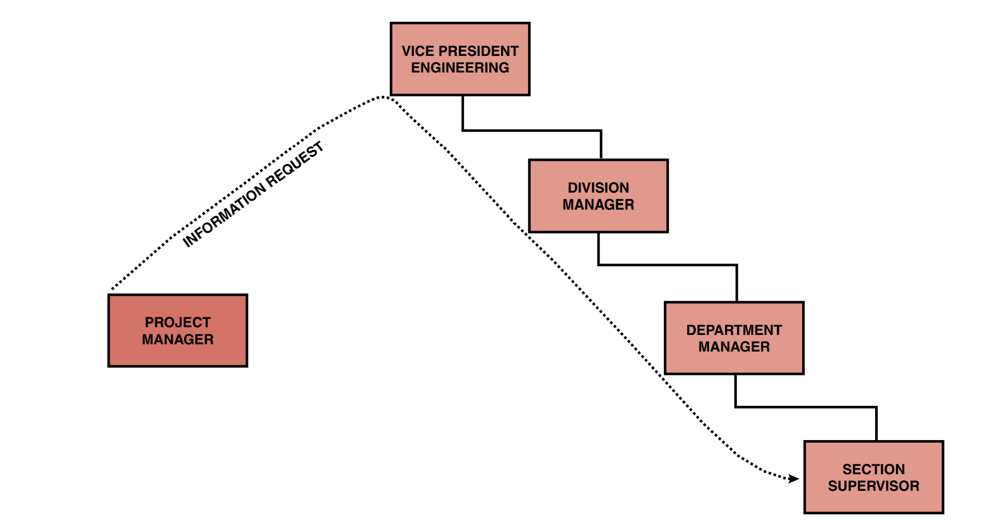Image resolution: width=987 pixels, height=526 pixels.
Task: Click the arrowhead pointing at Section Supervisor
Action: point(794,479)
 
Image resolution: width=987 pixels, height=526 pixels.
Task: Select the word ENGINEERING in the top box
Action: point(460,68)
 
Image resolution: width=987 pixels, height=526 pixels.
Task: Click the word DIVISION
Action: point(598,187)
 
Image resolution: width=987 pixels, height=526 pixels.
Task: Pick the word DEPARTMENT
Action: point(734,330)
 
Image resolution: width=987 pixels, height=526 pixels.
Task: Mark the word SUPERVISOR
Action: point(874,486)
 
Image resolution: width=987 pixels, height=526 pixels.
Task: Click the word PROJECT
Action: point(178,323)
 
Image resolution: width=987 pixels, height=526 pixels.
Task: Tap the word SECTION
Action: point(874,469)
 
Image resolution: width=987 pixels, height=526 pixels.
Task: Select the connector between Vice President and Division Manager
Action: point(532,130)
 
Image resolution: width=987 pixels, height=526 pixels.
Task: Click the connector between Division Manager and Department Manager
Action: point(668,265)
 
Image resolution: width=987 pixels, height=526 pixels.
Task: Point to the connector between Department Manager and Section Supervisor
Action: point(806,407)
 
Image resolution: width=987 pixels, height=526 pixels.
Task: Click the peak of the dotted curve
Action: point(382,97)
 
